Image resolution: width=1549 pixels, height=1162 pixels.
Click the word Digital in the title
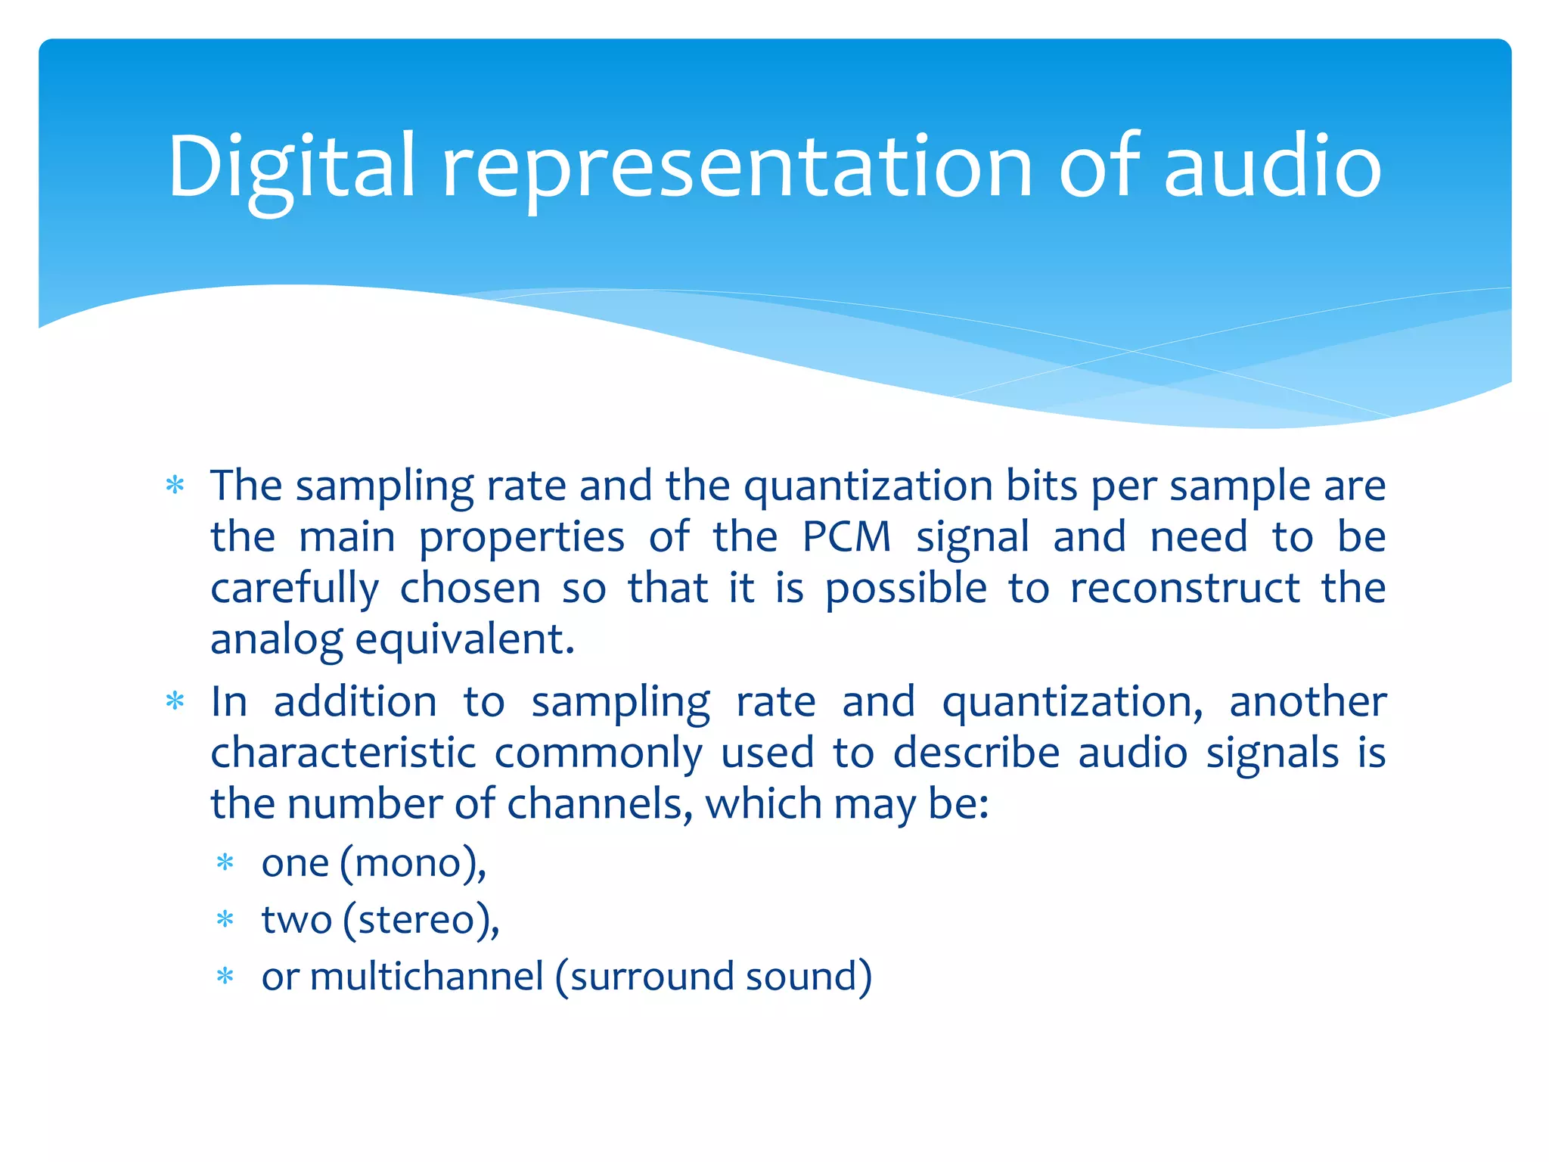(291, 168)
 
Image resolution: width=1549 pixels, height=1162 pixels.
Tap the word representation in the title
(737, 168)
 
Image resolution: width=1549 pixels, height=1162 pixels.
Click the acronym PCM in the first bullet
(846, 537)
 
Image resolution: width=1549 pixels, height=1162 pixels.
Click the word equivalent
(464, 640)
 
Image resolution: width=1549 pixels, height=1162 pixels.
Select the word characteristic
(343, 753)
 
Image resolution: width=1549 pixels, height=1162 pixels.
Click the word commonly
(598, 754)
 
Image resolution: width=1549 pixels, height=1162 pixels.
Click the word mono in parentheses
(408, 863)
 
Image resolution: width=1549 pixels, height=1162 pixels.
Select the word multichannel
(427, 976)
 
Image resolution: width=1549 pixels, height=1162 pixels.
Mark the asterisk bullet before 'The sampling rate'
(175, 485)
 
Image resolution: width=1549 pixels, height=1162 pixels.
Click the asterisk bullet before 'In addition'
(175, 701)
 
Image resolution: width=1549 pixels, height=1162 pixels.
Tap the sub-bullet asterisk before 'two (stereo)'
(225, 920)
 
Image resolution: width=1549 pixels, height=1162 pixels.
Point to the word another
(1308, 702)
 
